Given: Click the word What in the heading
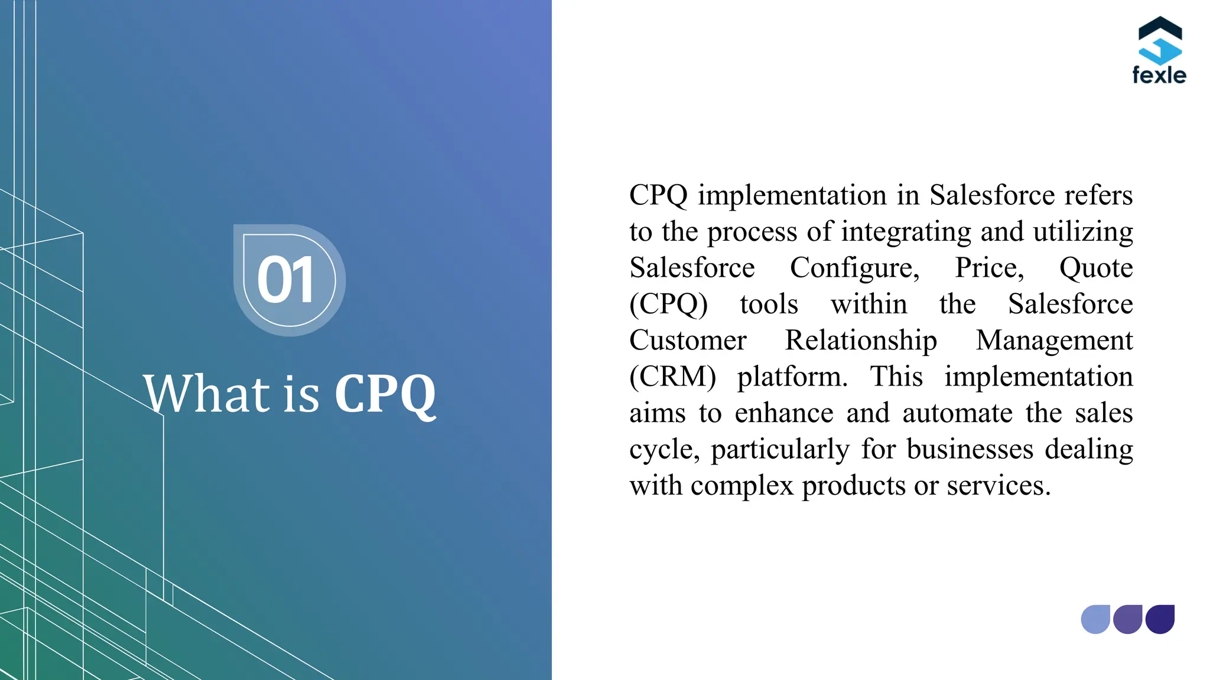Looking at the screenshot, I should click(207, 394).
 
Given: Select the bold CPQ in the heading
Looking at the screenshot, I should click(385, 394).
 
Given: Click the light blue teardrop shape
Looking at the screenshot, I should click(1095, 619).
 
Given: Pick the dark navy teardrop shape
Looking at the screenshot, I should click(1160, 619).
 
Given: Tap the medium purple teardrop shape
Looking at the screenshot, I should click(1128, 619).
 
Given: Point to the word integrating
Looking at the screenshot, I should click(906, 233).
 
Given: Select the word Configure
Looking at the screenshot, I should click(854, 269).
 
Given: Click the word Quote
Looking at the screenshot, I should click(1096, 269).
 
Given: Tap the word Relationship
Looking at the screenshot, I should click(861, 341).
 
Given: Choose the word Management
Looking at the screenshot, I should click(1054, 341).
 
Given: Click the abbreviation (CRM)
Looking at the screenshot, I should click(672, 377).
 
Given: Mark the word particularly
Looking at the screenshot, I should click(780, 450).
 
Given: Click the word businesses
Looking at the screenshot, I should click(970, 449).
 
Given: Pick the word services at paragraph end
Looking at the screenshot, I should click(998, 486).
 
